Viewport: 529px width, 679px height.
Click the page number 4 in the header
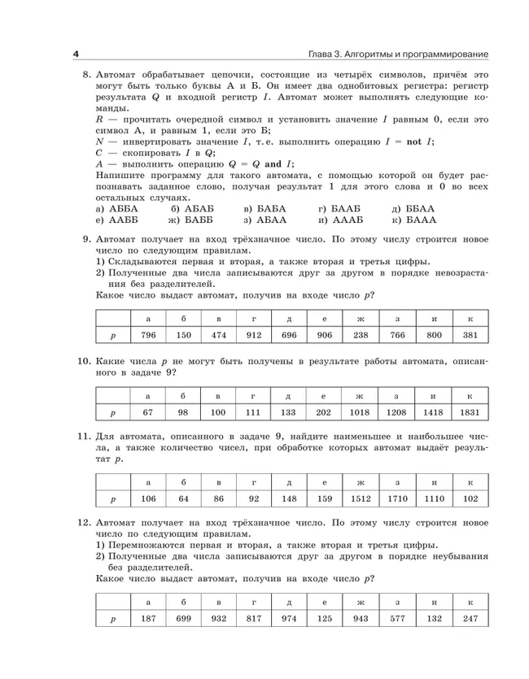click(x=76, y=54)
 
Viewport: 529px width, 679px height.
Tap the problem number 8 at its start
click(x=86, y=75)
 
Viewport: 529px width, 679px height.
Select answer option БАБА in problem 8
click(x=265, y=208)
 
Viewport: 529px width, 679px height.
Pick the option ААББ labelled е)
click(x=117, y=220)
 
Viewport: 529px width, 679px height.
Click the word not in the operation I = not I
click(x=413, y=141)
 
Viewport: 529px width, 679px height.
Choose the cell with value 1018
click(x=360, y=412)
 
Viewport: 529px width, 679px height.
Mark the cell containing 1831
click(x=470, y=412)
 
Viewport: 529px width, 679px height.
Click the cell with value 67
click(x=147, y=412)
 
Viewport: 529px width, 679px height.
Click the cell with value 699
click(x=184, y=619)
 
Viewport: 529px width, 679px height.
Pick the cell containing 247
click(x=470, y=619)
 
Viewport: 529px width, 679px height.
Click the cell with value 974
click(x=289, y=619)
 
